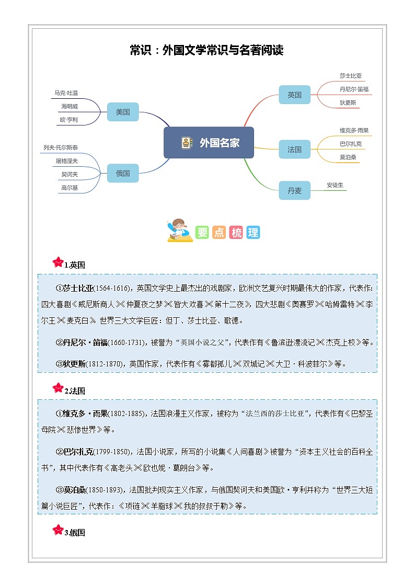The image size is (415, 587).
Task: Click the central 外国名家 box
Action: pos(209,143)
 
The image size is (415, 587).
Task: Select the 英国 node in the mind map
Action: pos(294,95)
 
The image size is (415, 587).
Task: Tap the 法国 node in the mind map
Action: pos(294,149)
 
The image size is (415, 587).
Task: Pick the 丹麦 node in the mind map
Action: pos(294,191)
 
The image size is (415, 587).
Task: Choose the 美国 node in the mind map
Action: pos(123,112)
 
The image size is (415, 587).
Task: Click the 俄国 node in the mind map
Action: pos(123,173)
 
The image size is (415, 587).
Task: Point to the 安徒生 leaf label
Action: pos(335,185)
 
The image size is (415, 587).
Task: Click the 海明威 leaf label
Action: pos(70,106)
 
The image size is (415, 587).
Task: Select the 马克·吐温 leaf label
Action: pos(66,93)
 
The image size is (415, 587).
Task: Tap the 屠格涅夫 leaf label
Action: pos(67,161)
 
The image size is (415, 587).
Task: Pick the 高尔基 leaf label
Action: pos(70,188)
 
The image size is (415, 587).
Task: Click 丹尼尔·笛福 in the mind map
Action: pos(354,89)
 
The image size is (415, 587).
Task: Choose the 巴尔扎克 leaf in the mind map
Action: pos(350,144)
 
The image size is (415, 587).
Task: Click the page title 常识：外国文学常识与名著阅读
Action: pos(206,51)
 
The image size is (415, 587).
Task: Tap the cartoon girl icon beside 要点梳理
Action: pos(179,231)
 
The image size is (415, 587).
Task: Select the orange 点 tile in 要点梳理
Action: pos(219,233)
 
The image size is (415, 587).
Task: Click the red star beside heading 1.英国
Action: pos(57,262)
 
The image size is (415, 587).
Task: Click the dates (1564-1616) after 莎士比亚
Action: pos(113,288)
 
